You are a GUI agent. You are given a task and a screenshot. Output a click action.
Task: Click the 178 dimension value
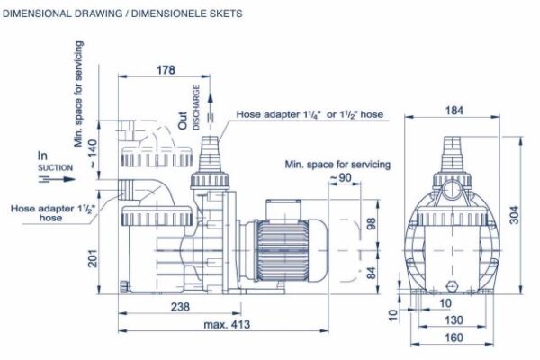point(166,70)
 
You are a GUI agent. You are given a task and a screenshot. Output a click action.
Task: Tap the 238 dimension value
point(180,307)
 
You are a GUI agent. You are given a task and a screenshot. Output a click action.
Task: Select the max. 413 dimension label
point(227,324)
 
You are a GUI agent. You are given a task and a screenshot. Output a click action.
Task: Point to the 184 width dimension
point(454,111)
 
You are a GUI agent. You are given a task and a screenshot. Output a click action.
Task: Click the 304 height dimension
point(514,215)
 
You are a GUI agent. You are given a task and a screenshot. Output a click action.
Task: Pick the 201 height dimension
point(93,258)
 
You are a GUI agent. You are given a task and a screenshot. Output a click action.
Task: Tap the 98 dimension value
point(371,224)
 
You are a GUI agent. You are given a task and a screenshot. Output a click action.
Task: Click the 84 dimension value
point(371,273)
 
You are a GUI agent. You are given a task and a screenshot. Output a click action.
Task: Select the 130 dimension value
point(454,320)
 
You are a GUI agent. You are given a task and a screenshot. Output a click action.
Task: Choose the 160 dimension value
point(454,337)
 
